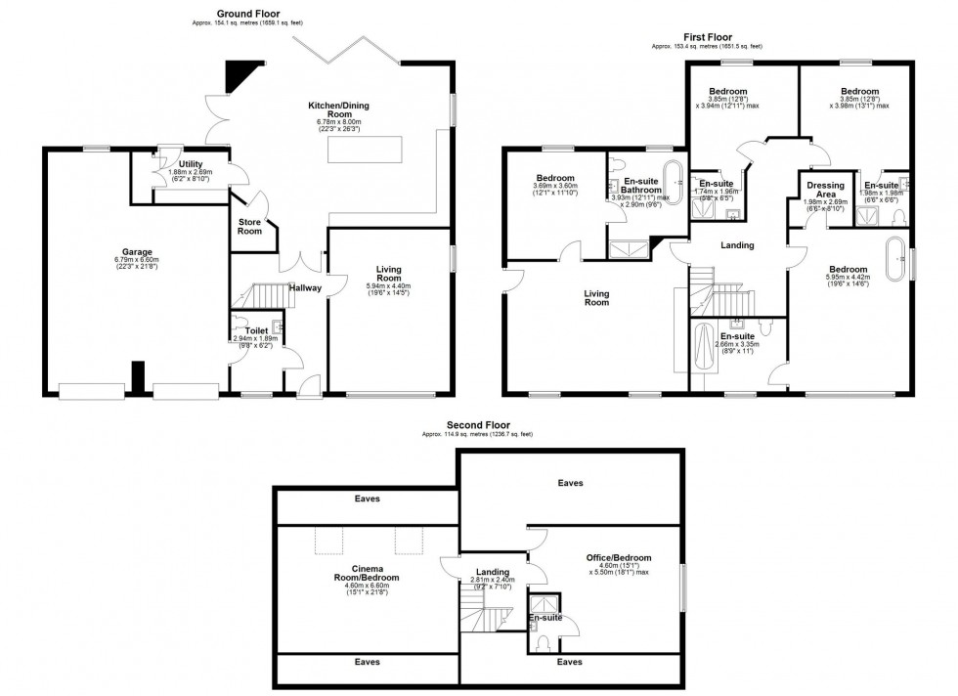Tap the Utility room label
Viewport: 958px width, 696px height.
point(191,163)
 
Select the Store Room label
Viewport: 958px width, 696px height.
point(250,227)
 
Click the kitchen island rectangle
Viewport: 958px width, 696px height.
point(365,150)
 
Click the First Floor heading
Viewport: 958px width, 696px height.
point(706,37)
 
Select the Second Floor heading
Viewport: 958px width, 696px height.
point(477,425)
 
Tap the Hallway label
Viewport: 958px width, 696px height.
point(306,288)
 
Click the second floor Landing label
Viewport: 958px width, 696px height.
point(493,572)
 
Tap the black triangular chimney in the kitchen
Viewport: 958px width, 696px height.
point(238,74)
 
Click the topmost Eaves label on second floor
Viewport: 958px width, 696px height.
point(570,483)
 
